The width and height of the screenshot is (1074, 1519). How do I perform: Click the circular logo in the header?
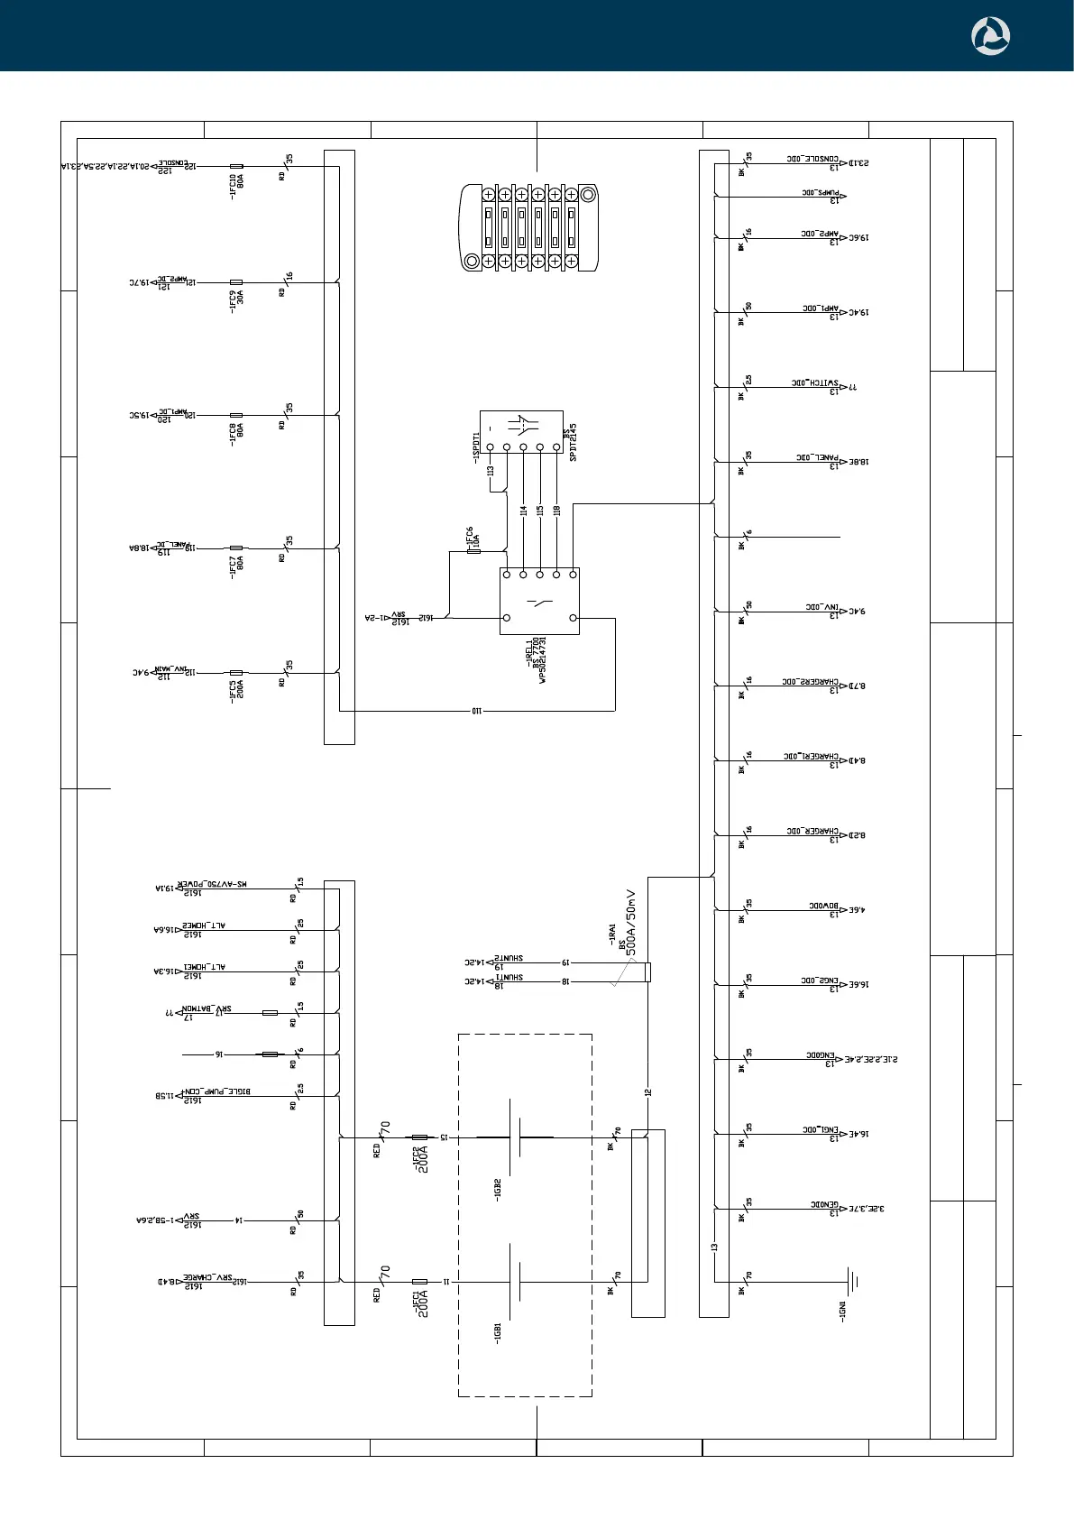coord(990,36)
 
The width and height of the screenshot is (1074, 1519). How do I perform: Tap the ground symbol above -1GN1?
coord(851,1281)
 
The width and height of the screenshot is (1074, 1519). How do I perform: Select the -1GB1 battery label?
coord(497,1333)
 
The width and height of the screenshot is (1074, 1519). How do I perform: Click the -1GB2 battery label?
coord(497,1189)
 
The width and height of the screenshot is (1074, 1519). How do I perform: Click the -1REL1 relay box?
coord(539,601)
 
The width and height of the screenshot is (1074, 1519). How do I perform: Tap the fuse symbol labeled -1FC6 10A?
coord(475,550)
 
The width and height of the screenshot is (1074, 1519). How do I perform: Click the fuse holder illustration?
coord(529,227)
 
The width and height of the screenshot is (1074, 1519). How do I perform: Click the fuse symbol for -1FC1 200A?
coord(419,1281)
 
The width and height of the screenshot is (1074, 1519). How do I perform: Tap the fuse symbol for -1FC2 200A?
coord(419,1137)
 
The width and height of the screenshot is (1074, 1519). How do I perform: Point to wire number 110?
coord(476,711)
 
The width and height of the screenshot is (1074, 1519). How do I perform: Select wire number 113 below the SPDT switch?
coord(491,470)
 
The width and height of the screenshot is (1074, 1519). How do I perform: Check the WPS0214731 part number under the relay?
coord(542,660)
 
